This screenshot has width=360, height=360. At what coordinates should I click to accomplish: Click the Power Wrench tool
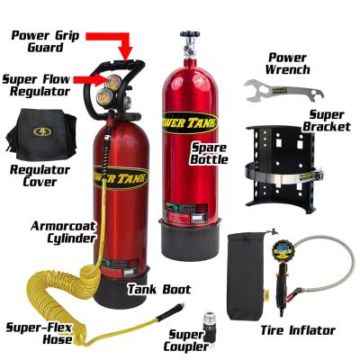pos(283,92)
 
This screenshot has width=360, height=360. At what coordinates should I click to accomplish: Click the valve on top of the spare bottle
pos(188,44)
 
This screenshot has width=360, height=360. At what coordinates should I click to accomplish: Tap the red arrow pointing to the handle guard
pos(114,44)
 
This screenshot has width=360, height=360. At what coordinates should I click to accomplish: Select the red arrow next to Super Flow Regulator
pos(90,79)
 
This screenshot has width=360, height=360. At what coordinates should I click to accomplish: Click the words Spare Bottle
pos(209,153)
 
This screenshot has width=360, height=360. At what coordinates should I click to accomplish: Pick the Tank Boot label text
pos(159,290)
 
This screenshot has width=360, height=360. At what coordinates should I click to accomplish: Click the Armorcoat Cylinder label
pos(63,232)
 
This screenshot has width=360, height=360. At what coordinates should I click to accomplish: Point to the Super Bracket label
pos(327,121)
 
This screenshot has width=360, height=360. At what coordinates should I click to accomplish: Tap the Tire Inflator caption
pos(298,330)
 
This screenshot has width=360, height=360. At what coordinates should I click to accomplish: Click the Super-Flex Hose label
pos(40,333)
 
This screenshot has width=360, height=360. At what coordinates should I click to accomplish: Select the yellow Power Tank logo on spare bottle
pos(189,122)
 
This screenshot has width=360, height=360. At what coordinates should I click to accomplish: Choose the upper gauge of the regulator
pos(112,83)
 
